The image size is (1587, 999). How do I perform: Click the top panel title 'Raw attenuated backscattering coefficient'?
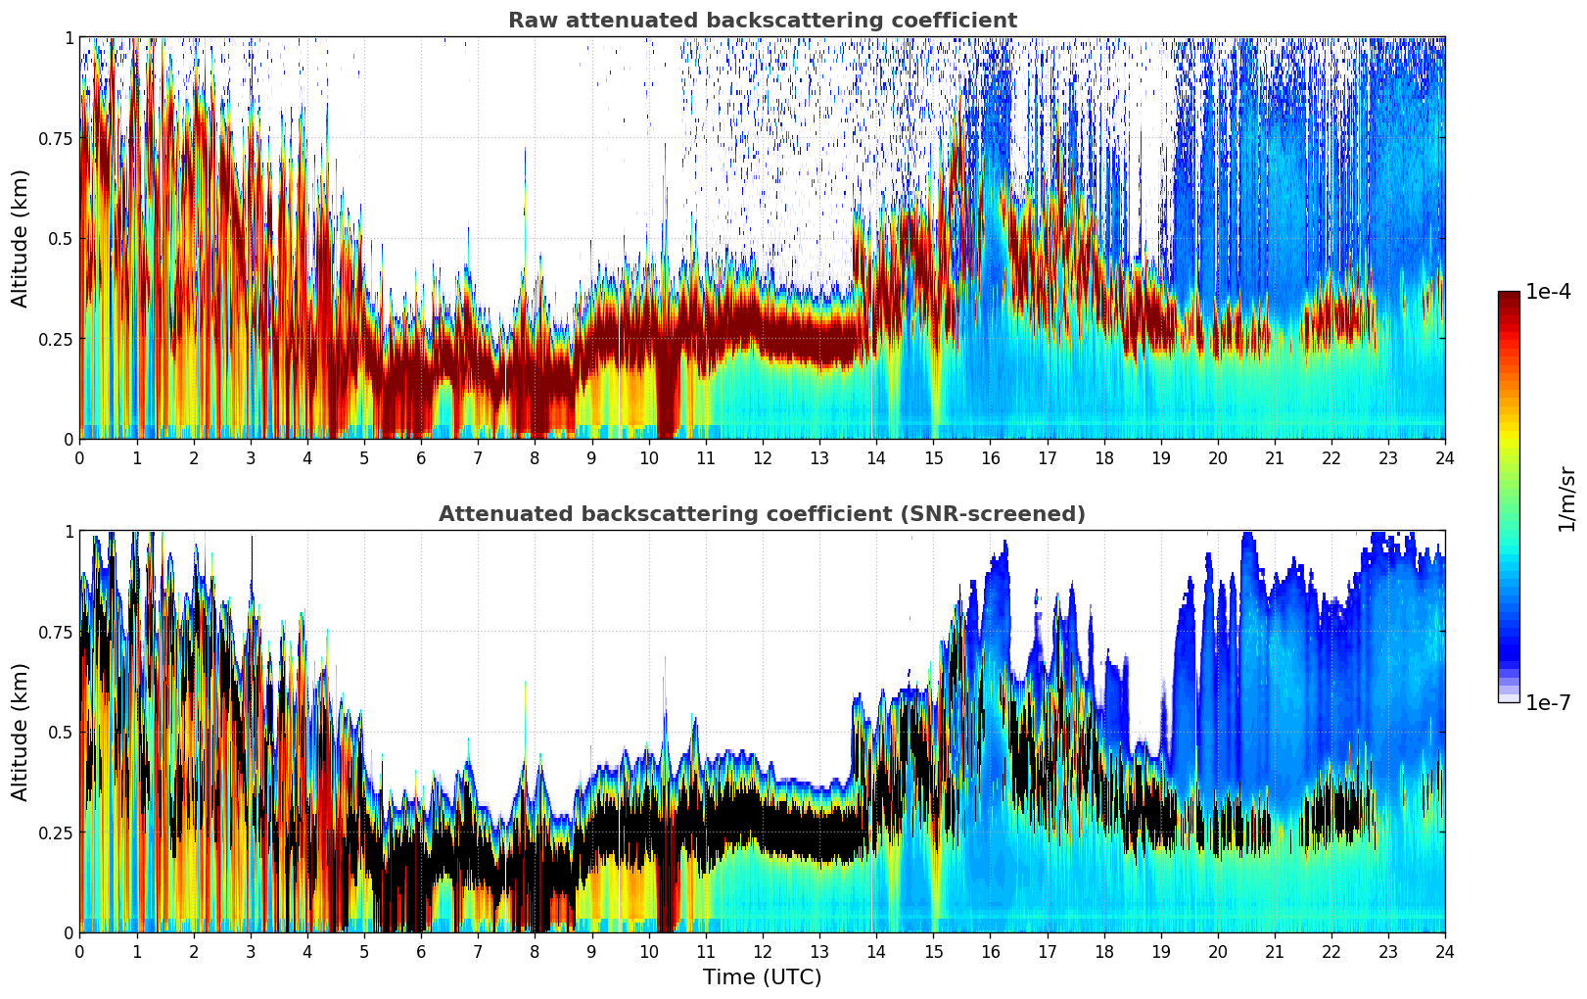(x=762, y=21)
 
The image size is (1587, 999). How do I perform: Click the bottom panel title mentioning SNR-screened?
(x=762, y=514)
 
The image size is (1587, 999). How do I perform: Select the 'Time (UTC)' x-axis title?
(x=762, y=977)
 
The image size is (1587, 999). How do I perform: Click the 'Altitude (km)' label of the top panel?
(x=21, y=238)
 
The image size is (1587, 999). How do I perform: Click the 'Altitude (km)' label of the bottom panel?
(x=21, y=732)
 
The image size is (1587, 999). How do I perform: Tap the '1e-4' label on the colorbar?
(x=1547, y=292)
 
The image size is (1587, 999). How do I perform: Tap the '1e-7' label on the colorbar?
(x=1547, y=702)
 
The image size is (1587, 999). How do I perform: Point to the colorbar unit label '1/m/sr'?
(x=1566, y=499)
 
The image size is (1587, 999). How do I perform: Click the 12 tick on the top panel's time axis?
(x=763, y=457)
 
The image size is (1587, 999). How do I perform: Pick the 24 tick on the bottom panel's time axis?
(x=1445, y=951)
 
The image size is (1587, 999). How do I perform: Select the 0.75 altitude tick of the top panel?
(x=56, y=138)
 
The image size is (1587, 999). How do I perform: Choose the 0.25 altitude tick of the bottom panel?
(x=56, y=832)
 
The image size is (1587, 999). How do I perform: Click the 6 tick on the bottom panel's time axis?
(x=421, y=951)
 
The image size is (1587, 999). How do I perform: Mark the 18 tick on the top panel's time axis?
(x=1103, y=457)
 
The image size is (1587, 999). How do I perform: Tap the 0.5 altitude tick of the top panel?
(x=61, y=238)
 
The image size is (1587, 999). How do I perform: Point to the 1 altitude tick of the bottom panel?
(x=69, y=532)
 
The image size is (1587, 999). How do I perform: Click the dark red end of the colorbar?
(x=1508, y=297)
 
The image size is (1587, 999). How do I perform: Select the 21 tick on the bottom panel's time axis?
(x=1275, y=951)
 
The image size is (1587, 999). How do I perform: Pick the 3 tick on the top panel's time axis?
(x=251, y=457)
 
